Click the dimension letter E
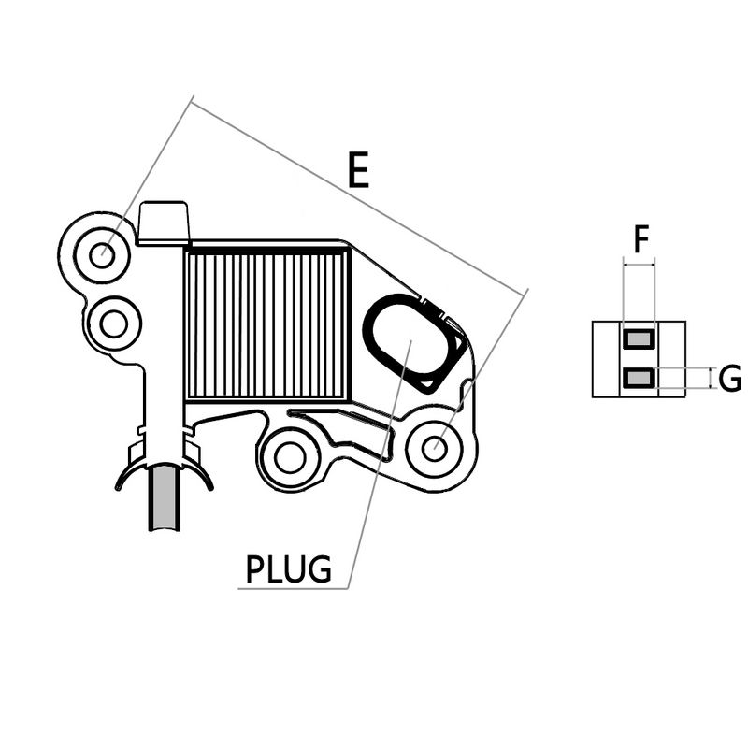click(358, 171)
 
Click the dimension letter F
click(640, 239)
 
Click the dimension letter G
click(730, 379)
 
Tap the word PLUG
click(288, 568)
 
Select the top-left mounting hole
click(102, 253)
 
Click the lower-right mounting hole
click(434, 448)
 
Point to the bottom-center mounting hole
click(288, 458)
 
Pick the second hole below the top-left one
click(114, 324)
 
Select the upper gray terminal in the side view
click(640, 338)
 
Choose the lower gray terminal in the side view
click(640, 377)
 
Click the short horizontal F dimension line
click(640, 265)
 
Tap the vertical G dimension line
click(713, 378)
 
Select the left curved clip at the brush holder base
click(125, 472)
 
